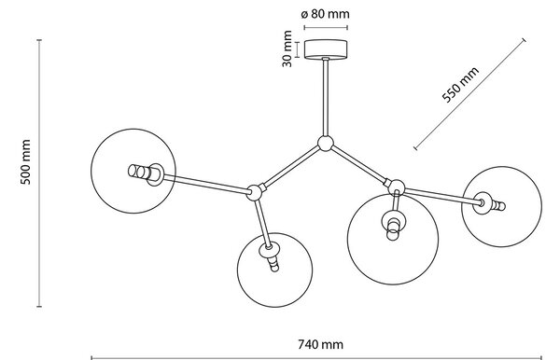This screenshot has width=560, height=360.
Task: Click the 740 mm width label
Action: click(320, 345)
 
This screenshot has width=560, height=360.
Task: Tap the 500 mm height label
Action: click(25, 162)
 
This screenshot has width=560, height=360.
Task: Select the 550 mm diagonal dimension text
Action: click(460, 85)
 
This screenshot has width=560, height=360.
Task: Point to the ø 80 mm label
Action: click(325, 14)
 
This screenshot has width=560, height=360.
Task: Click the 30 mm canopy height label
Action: click(287, 48)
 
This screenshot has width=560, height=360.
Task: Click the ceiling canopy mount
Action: click(326, 48)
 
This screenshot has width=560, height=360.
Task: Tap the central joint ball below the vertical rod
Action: click(326, 144)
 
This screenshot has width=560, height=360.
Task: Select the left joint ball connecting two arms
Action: click(255, 193)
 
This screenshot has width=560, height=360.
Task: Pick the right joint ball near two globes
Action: click(397, 187)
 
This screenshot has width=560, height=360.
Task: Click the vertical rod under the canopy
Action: click(326, 97)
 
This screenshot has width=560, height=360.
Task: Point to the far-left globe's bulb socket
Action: click(146, 173)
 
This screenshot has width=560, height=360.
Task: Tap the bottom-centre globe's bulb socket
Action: click(271, 256)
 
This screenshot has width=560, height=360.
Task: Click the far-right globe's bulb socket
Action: click(488, 203)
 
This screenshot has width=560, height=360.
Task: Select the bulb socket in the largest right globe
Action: click(393, 224)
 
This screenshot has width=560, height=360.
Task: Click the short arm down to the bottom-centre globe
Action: click(262, 223)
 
